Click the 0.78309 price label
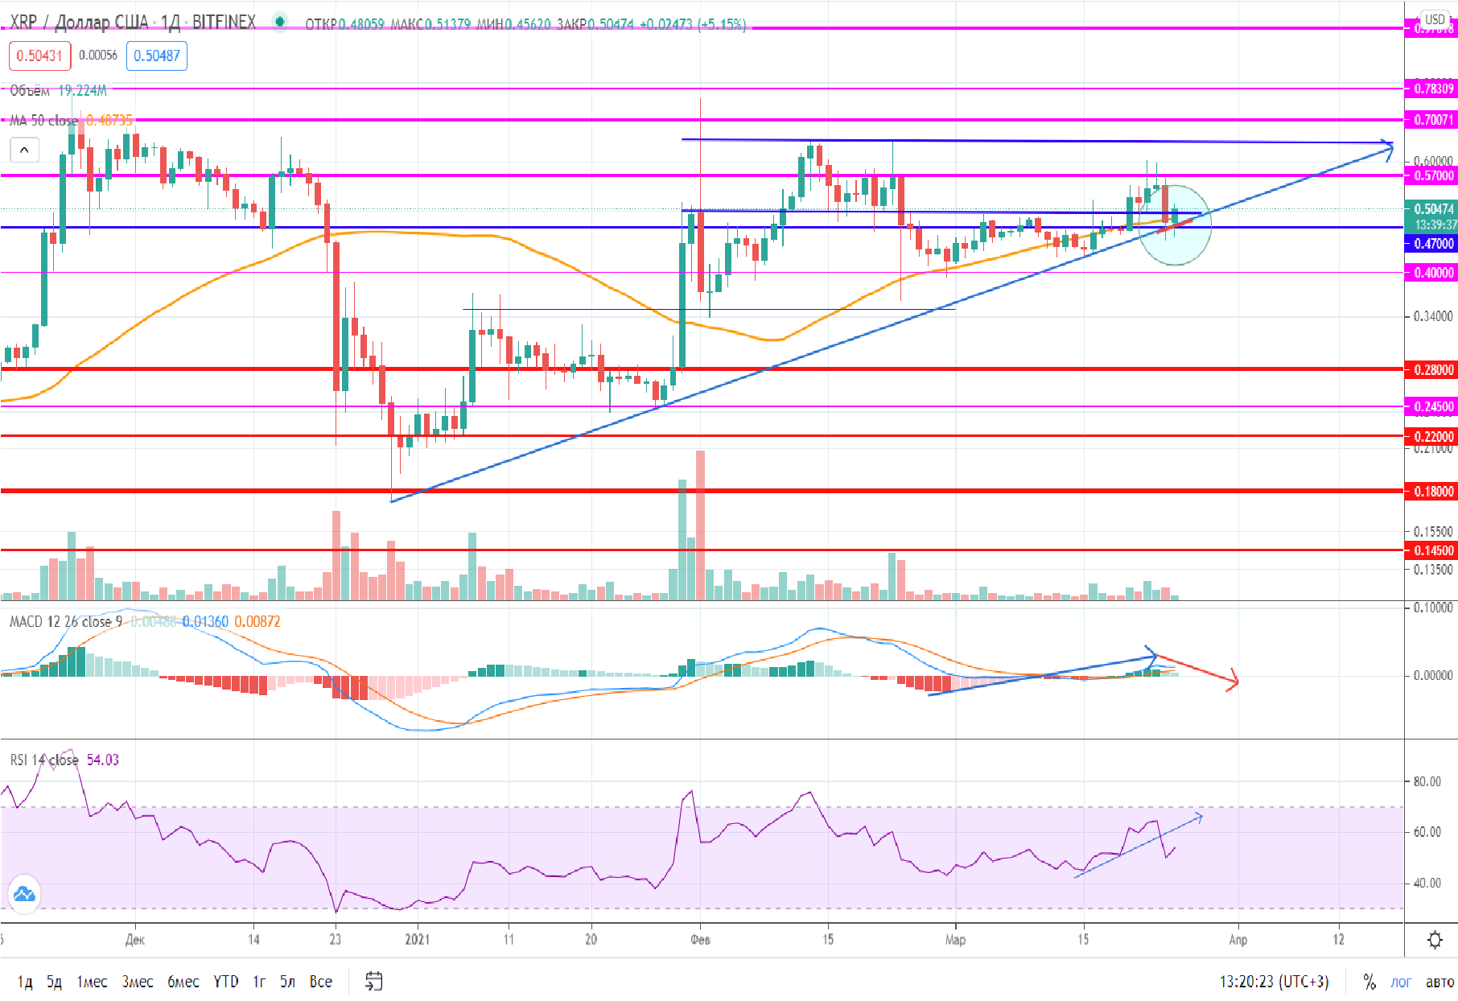1433,89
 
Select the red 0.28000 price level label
1433,370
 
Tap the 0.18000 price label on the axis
1433,491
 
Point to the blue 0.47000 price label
1433,243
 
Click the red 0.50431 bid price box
39,56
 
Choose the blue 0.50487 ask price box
156,56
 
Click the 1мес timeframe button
92,982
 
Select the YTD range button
225,982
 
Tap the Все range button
320,982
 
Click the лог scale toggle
1401,982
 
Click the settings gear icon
1435,940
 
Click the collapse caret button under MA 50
24,150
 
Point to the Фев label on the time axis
700,939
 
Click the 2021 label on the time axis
417,939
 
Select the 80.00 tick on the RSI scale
1427,781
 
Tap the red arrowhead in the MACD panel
1232,682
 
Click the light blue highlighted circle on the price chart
1175,225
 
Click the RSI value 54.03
102,760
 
